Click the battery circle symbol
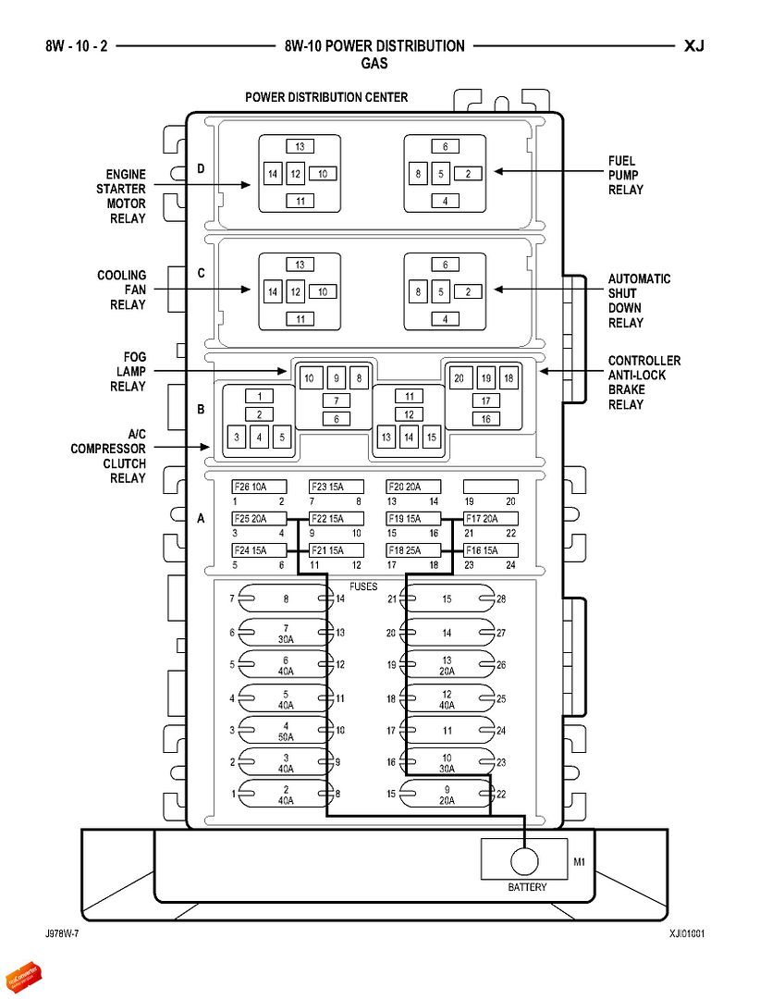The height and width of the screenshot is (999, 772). coord(524,861)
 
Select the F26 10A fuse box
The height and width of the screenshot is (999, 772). coord(259,487)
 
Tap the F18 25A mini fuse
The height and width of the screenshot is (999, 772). coord(413,550)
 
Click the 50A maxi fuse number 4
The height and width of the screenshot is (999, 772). coord(287,730)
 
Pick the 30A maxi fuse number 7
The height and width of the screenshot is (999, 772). coord(287,633)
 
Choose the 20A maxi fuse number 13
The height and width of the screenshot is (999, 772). coord(447,665)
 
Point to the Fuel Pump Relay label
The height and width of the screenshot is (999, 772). coord(625,175)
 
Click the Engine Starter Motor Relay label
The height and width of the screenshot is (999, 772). coord(125,196)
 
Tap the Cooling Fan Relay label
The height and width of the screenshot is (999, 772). coord(121,290)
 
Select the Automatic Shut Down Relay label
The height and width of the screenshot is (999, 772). coord(639,301)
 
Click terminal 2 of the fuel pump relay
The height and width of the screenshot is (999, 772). coord(468,173)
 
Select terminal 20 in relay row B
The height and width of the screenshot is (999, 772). coord(460,378)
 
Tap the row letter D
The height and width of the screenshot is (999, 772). coord(201,168)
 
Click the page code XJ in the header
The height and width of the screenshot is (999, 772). coord(694,45)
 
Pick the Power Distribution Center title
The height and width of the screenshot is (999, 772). coord(325,97)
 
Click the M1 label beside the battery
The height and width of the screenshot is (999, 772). coord(580,862)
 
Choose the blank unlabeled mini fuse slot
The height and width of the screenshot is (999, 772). coord(490,487)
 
